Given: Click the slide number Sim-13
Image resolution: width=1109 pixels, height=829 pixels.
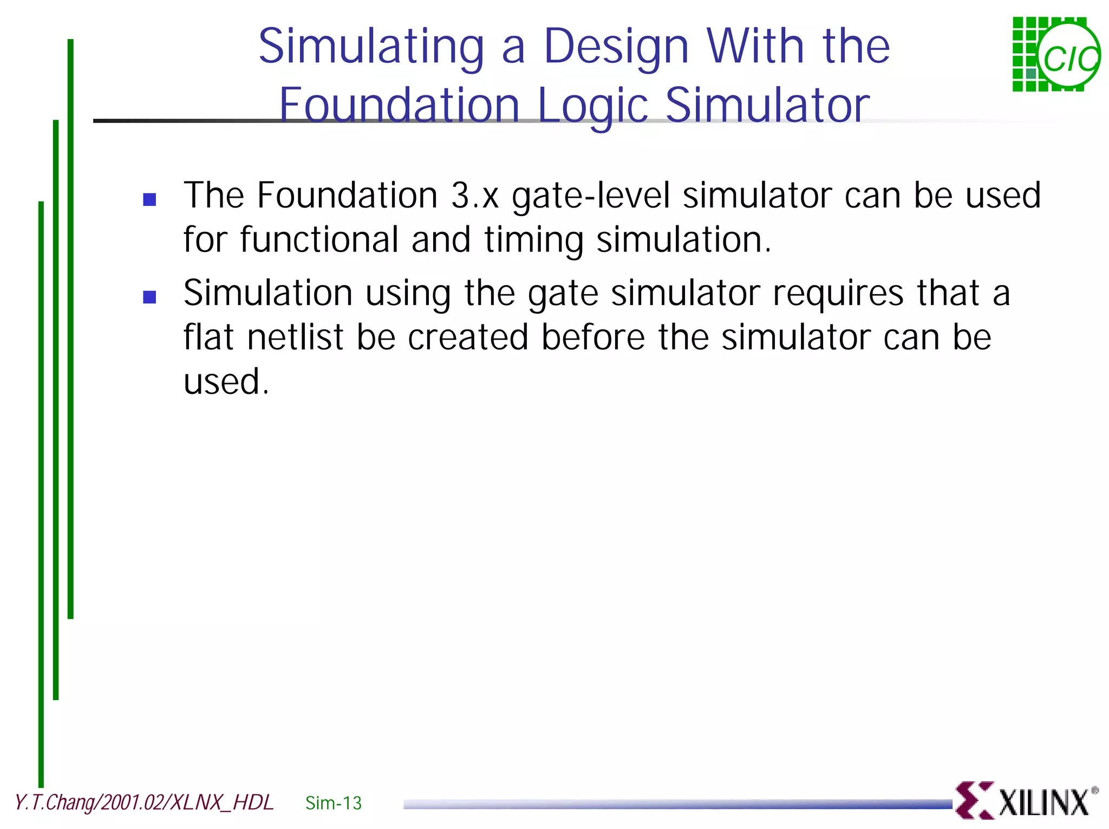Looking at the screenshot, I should click(333, 803).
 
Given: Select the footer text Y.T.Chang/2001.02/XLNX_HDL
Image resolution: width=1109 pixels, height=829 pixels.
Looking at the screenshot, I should click(144, 802).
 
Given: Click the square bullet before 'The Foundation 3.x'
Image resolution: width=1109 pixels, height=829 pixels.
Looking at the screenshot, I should click(149, 199).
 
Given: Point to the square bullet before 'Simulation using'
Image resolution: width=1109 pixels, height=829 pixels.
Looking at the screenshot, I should click(149, 297).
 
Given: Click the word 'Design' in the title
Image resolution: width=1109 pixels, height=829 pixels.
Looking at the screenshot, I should click(616, 48).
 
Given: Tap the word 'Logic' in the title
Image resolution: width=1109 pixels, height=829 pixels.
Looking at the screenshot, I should click(592, 106).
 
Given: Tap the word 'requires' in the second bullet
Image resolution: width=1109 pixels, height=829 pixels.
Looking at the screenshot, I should click(838, 293).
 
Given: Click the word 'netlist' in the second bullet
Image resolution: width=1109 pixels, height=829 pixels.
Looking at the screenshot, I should click(295, 337).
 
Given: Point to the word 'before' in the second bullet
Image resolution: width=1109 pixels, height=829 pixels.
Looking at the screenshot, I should click(593, 337).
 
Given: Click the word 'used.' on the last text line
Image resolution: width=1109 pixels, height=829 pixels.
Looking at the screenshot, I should click(226, 381).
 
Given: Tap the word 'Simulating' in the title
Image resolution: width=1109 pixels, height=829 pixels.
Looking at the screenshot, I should click(371, 48).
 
